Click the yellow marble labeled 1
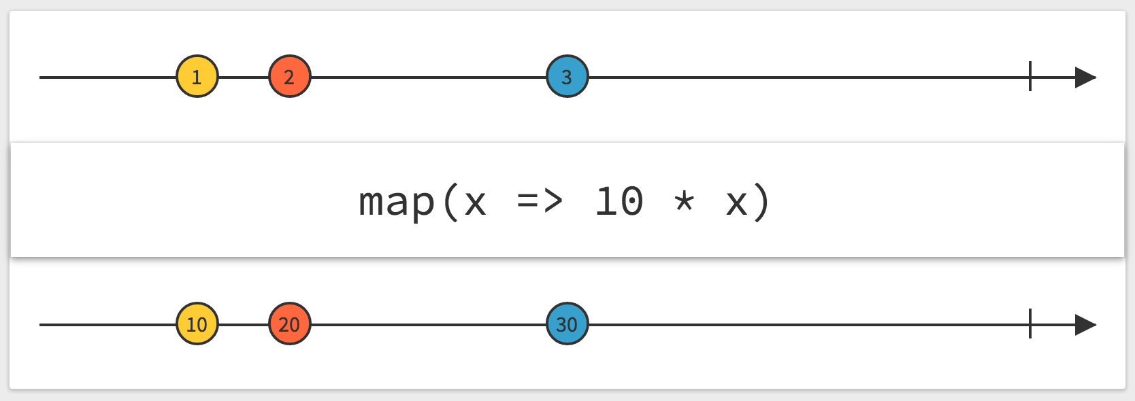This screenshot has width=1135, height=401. [x=197, y=76]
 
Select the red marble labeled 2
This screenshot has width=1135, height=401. [x=289, y=76]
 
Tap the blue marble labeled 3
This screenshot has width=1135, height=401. [x=567, y=76]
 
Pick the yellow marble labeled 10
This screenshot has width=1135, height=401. [x=197, y=324]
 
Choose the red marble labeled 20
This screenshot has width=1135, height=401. [x=289, y=324]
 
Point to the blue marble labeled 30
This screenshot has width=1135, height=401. [x=567, y=324]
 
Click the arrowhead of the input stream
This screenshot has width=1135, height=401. [x=1085, y=77]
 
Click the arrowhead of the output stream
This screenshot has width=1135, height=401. [x=1085, y=325]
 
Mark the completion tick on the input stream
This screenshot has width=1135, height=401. [x=1030, y=76]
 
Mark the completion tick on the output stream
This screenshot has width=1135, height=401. [x=1030, y=324]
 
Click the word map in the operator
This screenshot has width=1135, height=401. [x=397, y=203]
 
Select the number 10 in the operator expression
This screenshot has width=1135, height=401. [x=620, y=201]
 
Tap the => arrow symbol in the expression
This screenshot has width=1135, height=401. [x=540, y=201]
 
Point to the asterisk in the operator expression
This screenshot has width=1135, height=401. [x=684, y=201]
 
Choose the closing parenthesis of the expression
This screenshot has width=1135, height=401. [x=761, y=203]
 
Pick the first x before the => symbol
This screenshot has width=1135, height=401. [x=475, y=203]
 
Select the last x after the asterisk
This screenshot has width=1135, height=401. [x=737, y=203]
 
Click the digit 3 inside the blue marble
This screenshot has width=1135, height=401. [x=567, y=77]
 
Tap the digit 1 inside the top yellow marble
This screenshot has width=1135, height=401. [x=197, y=77]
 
